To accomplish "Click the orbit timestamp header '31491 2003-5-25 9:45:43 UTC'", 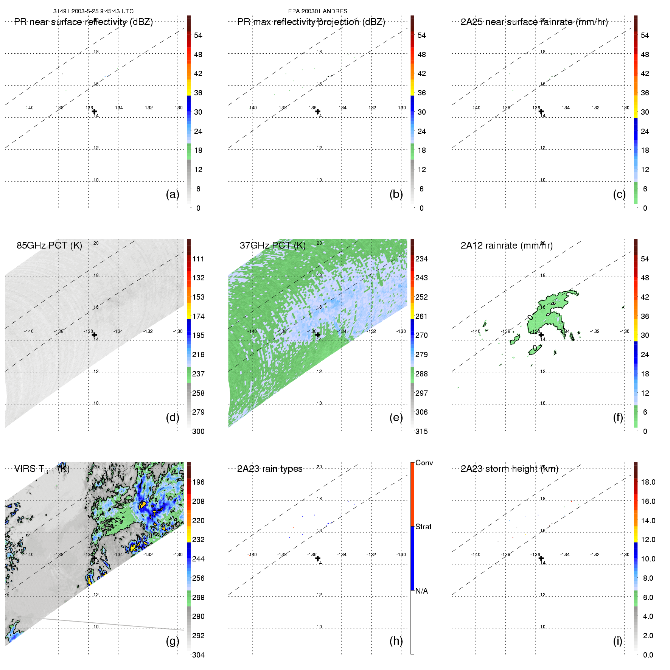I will point(93,11).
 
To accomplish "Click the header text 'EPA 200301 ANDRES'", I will point(317,11).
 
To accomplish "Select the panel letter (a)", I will point(173,194).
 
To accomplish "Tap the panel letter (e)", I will point(396,417).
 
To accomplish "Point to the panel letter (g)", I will point(173,641).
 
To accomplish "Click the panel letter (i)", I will point(617,641).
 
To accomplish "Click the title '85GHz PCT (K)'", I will point(49,246).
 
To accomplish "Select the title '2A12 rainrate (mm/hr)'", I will point(507,246).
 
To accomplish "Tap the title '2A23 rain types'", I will point(269,469).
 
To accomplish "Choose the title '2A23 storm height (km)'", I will point(509,469).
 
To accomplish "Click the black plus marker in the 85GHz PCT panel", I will point(94,335).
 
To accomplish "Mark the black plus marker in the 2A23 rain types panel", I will point(318,558).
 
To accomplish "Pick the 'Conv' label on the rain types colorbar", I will point(424,463).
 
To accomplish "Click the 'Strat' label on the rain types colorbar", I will point(423,527).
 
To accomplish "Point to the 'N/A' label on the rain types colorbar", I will point(421,591).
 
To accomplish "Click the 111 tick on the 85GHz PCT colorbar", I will point(198,259).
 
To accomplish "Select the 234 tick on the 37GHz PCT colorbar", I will point(421,259).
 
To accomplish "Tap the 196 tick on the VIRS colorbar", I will point(198,482).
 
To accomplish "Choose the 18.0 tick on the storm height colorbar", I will point(648,482).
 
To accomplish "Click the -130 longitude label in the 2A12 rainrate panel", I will point(624,331).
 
